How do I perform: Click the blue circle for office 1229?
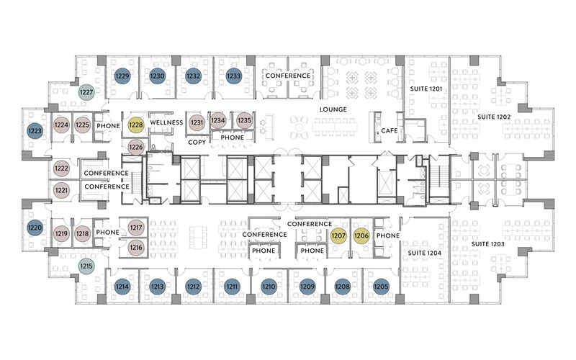click(122, 76)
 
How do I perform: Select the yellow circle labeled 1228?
click(135, 125)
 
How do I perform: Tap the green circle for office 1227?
click(86, 92)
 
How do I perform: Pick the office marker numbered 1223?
click(35, 131)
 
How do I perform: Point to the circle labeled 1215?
click(86, 266)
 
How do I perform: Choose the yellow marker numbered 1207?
click(338, 235)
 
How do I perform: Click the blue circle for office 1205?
click(381, 287)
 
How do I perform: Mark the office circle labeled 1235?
click(244, 120)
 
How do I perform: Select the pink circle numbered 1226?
click(135, 148)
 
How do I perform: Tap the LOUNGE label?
click(333, 109)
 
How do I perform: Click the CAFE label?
click(390, 130)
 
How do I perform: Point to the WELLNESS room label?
click(166, 122)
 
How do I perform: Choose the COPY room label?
click(197, 142)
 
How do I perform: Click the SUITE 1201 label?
click(426, 89)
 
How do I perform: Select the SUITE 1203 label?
click(488, 244)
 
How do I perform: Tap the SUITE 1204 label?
click(425, 253)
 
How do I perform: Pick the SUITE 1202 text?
click(494, 117)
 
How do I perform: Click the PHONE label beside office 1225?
click(109, 125)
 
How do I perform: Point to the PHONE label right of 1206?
click(388, 235)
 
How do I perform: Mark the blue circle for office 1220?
click(35, 228)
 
